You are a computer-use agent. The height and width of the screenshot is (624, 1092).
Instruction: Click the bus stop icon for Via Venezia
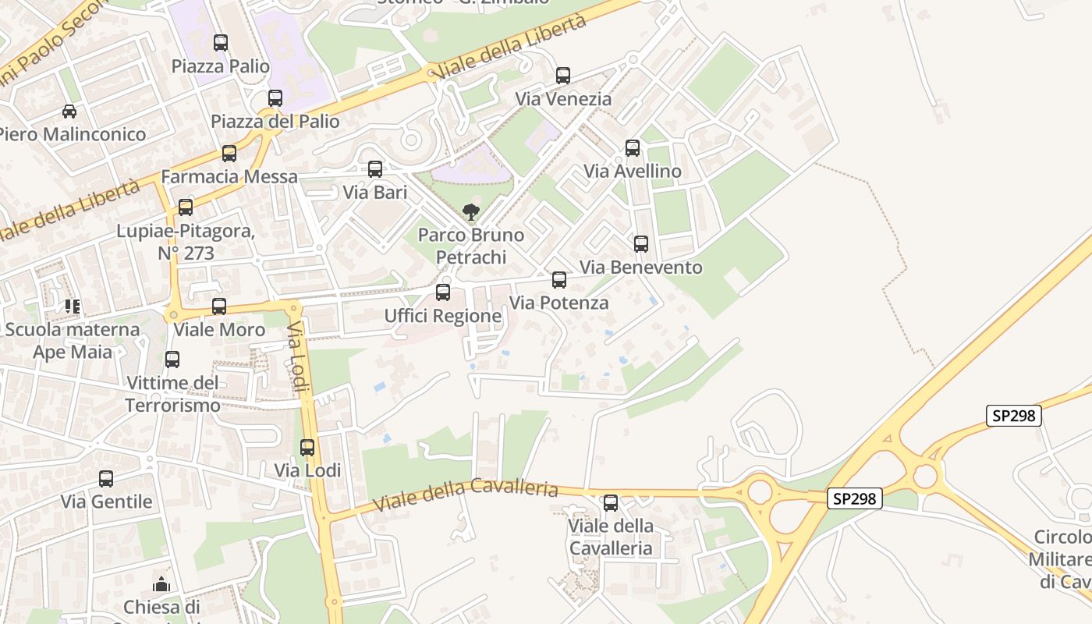563,76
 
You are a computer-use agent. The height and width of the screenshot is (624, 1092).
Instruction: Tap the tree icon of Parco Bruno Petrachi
470,211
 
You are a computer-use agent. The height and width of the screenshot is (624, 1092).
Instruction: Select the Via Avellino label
633,172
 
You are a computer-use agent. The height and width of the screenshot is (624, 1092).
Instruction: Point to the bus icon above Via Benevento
641,244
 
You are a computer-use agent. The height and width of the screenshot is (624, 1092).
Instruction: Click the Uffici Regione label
443,316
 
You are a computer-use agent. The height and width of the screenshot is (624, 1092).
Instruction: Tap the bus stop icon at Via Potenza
559,280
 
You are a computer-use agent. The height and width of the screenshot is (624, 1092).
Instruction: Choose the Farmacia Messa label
229,177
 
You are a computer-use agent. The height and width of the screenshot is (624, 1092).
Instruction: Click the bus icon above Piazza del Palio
275,98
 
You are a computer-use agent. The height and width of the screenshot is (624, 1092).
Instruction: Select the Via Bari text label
375,192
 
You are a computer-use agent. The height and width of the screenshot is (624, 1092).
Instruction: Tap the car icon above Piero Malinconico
69,112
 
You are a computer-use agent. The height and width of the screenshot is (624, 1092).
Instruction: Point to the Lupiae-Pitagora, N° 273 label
186,243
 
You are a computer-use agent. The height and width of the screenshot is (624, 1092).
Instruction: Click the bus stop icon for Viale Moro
219,307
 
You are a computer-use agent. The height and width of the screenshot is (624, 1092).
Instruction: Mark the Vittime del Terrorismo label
172,394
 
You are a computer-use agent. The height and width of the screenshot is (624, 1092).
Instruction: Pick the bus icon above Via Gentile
106,479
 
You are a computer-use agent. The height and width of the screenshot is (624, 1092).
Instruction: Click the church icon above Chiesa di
161,584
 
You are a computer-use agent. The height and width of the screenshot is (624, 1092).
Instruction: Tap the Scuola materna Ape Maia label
73,340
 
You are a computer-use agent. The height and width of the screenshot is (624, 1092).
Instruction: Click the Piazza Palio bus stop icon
221,43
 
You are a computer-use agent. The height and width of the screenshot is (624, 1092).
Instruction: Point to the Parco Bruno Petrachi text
471,246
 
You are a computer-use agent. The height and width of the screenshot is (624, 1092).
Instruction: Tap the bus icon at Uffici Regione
443,292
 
